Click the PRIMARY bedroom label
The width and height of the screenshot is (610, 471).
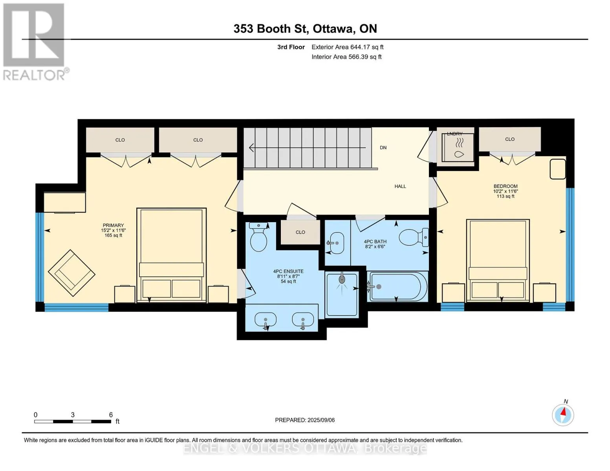[113, 230]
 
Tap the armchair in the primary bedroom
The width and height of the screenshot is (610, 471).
[71, 273]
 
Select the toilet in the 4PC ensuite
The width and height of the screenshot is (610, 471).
[258, 237]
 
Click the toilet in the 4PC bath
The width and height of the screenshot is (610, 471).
[414, 237]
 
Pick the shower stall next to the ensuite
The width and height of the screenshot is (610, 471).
[342, 294]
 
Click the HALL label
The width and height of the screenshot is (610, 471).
[400, 186]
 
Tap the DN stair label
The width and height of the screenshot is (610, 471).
[383, 148]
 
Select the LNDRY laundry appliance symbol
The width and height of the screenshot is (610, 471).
[458, 148]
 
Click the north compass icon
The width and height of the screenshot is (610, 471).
[563, 415]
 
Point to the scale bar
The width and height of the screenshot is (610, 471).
[73, 421]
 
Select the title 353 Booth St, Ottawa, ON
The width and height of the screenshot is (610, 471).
[305, 29]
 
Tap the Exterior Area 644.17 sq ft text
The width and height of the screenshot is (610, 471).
[347, 47]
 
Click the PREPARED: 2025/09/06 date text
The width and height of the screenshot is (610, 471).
[304, 420]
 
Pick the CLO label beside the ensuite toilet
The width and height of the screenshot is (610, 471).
[300, 232]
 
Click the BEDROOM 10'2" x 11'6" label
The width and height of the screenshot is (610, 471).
[505, 191]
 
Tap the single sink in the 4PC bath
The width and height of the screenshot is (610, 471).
[336, 243]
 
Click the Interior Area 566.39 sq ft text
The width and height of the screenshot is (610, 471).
[346, 57]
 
